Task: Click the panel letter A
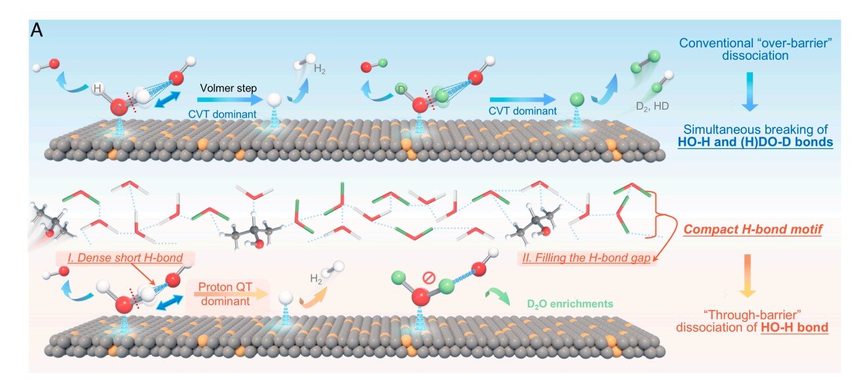(x=37, y=31)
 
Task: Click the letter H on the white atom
(x=97, y=87)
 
